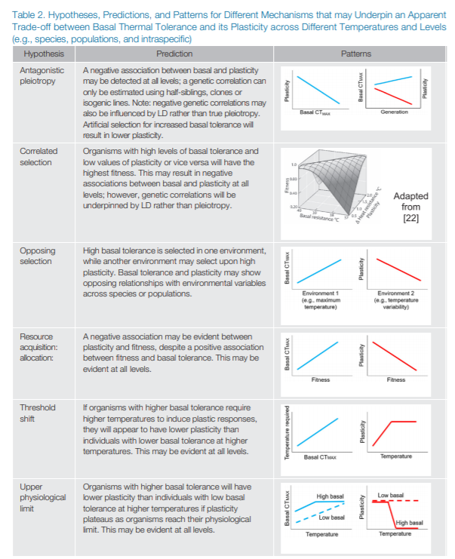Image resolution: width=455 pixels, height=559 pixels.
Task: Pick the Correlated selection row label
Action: tap(38, 155)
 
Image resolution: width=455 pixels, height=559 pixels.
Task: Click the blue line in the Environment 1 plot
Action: tap(321, 268)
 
